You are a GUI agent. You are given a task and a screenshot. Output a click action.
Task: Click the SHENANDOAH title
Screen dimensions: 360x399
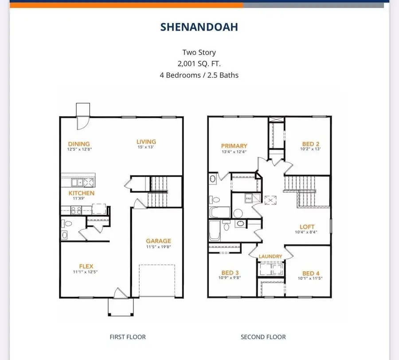tap(199, 27)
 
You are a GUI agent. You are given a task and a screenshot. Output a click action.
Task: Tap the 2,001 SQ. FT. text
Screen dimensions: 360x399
tap(199, 64)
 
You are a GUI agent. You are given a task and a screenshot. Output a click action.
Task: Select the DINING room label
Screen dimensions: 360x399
tap(79, 144)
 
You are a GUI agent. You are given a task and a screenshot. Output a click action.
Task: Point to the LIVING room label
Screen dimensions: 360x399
tap(146, 142)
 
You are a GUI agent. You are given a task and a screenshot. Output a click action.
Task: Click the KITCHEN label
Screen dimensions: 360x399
tap(81, 193)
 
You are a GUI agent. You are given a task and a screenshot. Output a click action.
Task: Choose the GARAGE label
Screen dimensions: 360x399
tap(158, 241)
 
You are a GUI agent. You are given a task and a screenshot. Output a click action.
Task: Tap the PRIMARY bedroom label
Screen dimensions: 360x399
tap(235, 145)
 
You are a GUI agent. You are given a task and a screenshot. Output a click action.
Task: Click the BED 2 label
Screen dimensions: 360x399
tap(311, 144)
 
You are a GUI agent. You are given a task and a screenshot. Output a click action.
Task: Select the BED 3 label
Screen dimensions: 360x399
tap(231, 273)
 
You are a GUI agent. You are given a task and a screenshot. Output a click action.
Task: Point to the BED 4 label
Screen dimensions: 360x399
tap(311, 273)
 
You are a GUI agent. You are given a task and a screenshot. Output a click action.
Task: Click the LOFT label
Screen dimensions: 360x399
tap(307, 226)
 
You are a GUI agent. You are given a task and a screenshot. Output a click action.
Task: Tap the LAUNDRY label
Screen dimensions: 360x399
tap(270, 256)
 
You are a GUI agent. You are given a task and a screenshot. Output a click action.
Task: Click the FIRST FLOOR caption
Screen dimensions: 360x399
tap(128, 337)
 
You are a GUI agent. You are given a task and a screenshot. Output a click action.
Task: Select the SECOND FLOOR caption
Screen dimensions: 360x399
tap(263, 337)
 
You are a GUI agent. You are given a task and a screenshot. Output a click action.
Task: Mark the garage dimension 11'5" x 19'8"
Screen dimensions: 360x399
tap(158, 247)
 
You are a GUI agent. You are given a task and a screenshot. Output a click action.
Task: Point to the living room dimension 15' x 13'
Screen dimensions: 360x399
tap(146, 147)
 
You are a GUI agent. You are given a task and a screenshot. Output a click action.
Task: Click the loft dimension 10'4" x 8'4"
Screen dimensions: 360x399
tap(307, 232)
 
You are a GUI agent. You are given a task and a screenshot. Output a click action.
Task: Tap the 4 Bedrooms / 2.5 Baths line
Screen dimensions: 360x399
tap(199, 75)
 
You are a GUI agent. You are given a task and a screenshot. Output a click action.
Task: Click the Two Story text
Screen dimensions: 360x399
tap(199, 52)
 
